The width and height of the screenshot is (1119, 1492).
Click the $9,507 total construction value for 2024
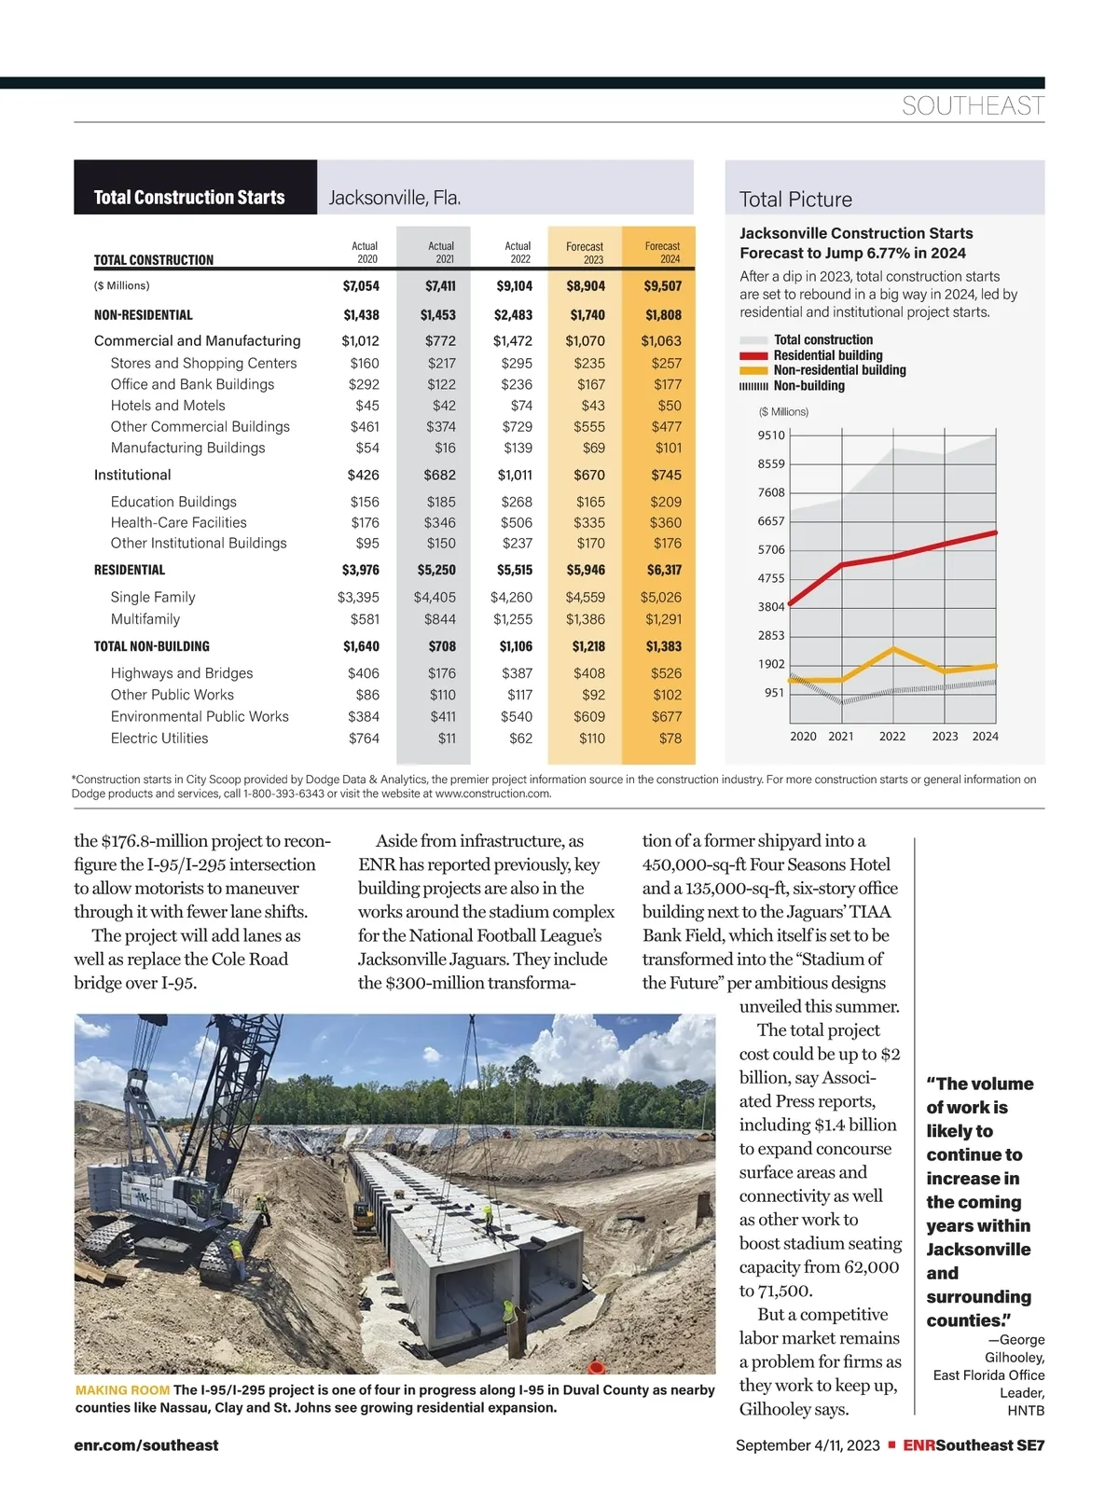point(662,286)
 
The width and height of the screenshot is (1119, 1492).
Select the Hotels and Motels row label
point(168,406)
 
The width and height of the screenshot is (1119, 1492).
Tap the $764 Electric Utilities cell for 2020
point(364,739)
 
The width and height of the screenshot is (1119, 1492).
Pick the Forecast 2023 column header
point(585,253)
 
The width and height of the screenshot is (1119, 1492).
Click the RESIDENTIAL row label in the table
point(130,570)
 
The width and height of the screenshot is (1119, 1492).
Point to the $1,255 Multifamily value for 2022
point(512,619)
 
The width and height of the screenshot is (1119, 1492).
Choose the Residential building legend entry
point(827,355)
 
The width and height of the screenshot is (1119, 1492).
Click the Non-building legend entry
point(808,386)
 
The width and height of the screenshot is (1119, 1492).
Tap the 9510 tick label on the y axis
point(771,435)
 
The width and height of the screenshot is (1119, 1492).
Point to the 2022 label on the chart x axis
point(892,737)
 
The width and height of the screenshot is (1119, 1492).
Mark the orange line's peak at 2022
point(893,649)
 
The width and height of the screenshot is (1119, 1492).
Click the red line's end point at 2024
point(996,532)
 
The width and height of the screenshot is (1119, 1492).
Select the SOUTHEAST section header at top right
point(973,106)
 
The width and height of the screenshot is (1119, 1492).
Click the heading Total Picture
point(795,200)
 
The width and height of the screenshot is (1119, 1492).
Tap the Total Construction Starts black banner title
point(189,198)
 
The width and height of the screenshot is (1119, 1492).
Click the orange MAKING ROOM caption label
point(122,1390)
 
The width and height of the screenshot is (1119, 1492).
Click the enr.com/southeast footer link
point(146,1445)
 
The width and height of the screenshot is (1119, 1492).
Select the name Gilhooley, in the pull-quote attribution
point(1015,1358)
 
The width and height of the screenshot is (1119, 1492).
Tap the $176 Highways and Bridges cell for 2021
point(442,673)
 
